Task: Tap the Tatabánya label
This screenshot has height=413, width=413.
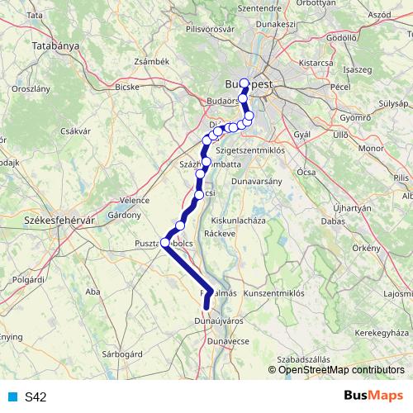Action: (x=55, y=46)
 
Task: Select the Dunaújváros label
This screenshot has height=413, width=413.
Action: (x=217, y=319)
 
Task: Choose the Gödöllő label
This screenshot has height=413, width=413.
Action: (x=341, y=37)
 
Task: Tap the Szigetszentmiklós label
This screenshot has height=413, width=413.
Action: (x=249, y=152)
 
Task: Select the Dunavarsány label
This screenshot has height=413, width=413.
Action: (x=257, y=180)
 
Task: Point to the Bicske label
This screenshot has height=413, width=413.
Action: (x=127, y=86)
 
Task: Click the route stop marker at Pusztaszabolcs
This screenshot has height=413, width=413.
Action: (x=165, y=243)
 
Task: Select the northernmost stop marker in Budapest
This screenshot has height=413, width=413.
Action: (x=244, y=83)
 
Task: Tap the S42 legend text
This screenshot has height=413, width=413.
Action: (x=36, y=397)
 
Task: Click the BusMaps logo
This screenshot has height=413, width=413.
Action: (x=371, y=396)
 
